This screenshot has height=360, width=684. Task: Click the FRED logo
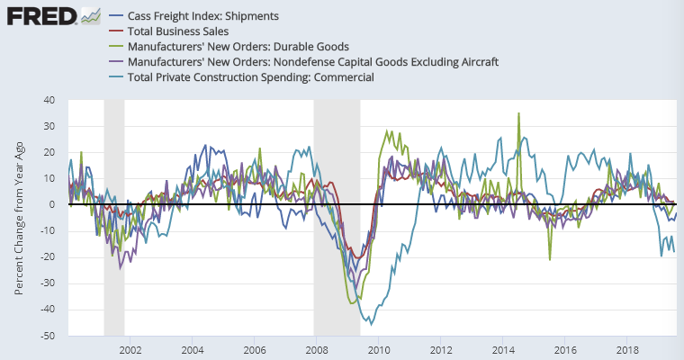tap(40, 15)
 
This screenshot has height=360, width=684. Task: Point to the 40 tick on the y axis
tap(49, 100)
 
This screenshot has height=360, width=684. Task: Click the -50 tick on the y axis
tap(47, 337)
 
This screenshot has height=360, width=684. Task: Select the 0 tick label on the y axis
tap(51, 205)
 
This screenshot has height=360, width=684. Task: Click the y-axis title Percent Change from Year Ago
tap(19, 219)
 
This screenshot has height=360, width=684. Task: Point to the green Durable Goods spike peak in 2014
tap(518, 113)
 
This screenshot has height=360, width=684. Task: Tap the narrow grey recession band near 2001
tap(114, 216)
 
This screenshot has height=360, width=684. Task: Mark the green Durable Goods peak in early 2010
tap(388, 131)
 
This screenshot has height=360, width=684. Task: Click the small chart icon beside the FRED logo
tap(90, 15)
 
